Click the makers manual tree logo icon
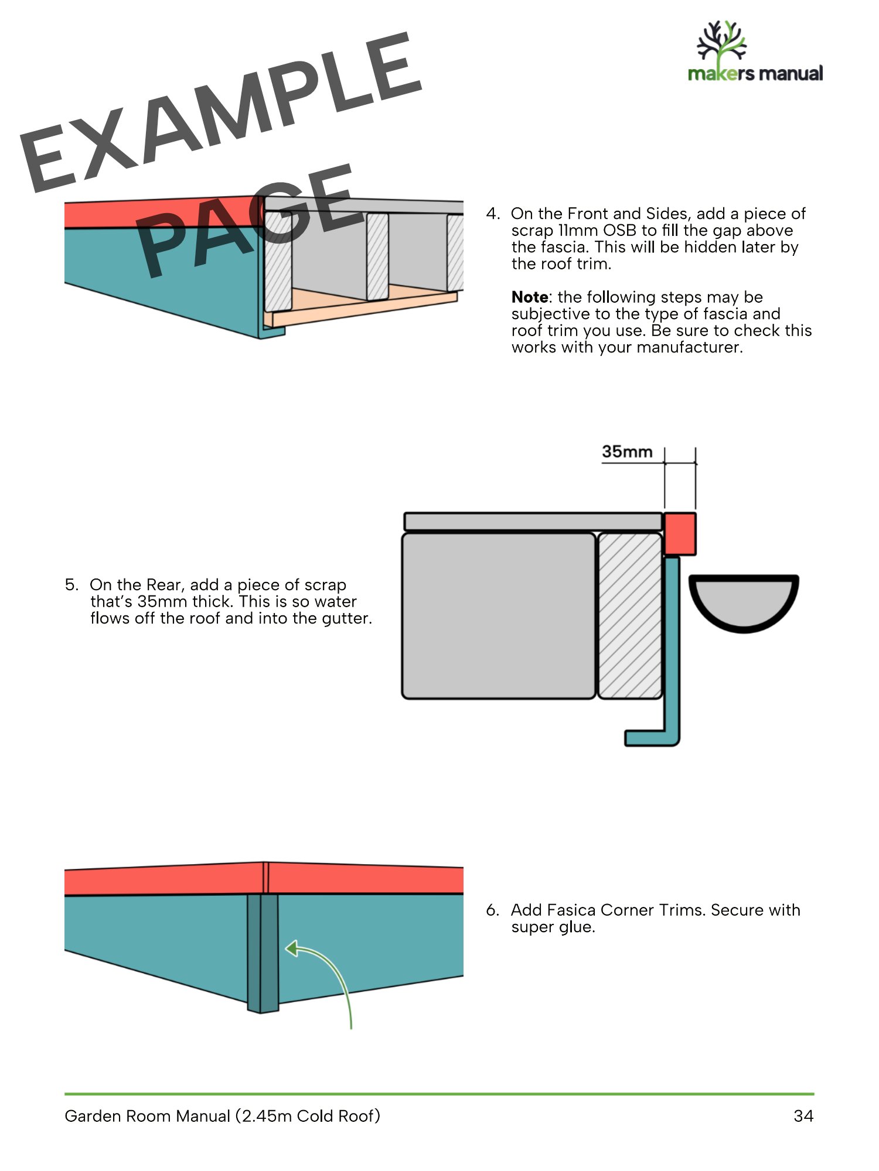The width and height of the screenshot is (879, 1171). click(721, 42)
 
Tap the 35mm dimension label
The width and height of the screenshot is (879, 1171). click(627, 452)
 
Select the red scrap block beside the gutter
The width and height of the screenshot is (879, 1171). click(680, 533)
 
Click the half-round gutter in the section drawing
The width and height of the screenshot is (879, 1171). click(744, 603)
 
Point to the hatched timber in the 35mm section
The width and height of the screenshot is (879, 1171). click(630, 615)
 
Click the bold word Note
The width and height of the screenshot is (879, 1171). click(530, 297)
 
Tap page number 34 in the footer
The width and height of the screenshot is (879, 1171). click(803, 1116)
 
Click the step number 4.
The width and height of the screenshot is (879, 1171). click(493, 214)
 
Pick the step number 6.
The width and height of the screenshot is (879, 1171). click(493, 910)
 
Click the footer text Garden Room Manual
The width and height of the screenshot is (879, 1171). click(147, 1116)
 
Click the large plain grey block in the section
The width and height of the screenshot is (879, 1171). click(499, 615)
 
